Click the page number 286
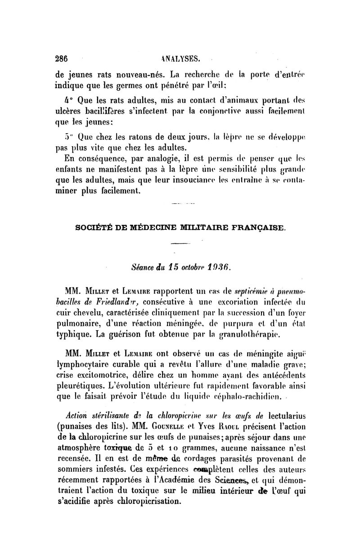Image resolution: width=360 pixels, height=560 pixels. pyautogui.click(x=61, y=58)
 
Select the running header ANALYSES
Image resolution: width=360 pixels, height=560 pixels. pyautogui.click(x=180, y=58)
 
